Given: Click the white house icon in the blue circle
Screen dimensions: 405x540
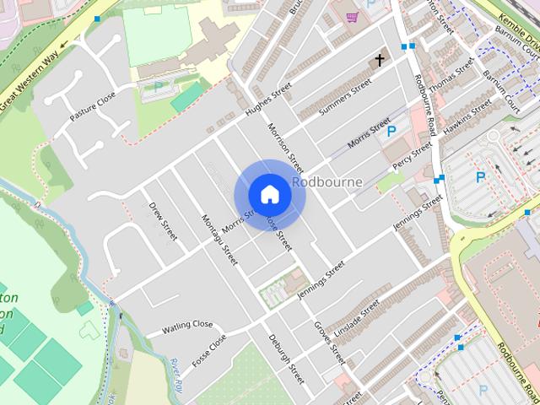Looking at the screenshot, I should (x=269, y=195).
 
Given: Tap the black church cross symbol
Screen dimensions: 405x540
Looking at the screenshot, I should (x=380, y=60).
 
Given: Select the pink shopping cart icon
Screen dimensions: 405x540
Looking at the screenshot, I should (x=351, y=16).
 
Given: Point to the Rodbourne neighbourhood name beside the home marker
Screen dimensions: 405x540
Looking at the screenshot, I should (x=327, y=181).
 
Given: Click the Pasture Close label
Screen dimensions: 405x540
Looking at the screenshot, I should (x=92, y=106).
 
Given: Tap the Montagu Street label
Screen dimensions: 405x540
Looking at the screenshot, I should (x=219, y=240).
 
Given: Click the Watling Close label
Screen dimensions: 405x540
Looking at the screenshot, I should (x=187, y=325).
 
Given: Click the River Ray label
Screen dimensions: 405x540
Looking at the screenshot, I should (x=176, y=371).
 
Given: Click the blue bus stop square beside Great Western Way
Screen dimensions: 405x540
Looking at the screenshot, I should (x=97, y=18).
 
